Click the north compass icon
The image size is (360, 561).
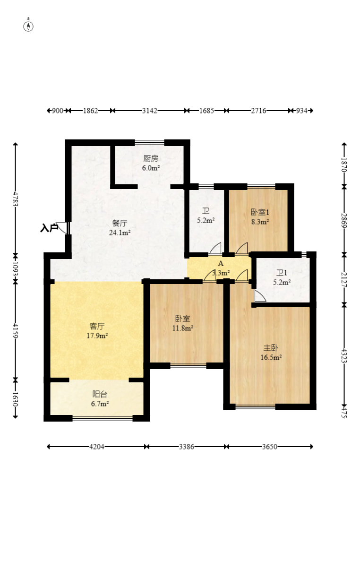point(28,26)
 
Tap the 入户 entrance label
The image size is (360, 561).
point(49,228)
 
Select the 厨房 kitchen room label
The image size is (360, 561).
point(151,158)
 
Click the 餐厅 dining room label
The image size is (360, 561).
point(120,223)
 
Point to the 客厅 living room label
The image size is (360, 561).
point(97,326)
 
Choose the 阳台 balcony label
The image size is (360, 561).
point(100,394)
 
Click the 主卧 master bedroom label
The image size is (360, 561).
point(271,348)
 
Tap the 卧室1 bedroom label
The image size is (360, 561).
point(260,212)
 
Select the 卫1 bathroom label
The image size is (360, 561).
point(282,273)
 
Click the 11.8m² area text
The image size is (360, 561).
point(183,328)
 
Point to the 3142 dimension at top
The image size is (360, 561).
point(149,111)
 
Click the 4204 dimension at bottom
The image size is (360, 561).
point(96,447)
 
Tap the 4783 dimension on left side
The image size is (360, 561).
point(16,199)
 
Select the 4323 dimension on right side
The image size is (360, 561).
point(344,355)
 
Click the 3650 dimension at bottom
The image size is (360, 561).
point(270,447)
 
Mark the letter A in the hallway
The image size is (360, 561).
point(221,264)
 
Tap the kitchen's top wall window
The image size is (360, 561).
point(149,142)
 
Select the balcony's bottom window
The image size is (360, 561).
point(103,417)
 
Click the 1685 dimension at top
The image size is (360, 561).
point(206,111)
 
